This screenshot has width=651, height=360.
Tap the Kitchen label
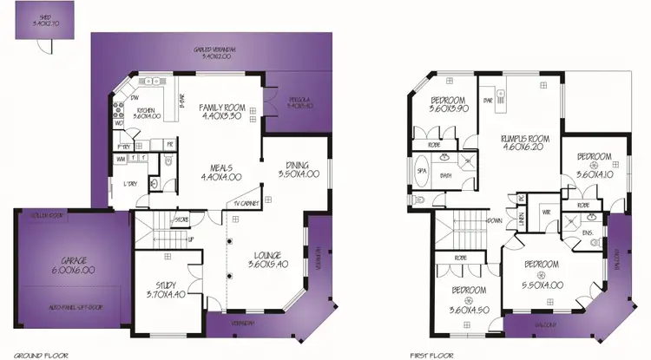click(x=145, y=110)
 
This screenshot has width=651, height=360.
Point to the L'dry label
click(x=130, y=184)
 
